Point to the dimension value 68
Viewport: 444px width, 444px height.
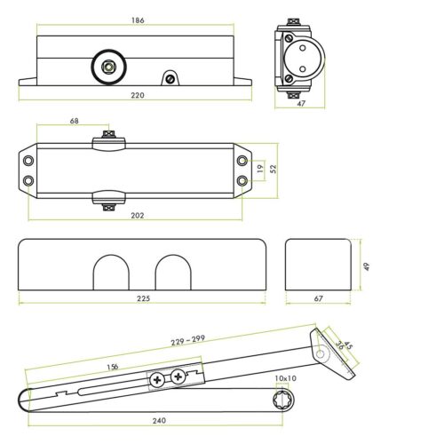click(73, 122)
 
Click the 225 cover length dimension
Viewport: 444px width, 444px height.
click(143, 298)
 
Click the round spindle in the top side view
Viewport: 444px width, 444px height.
click(107, 64)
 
